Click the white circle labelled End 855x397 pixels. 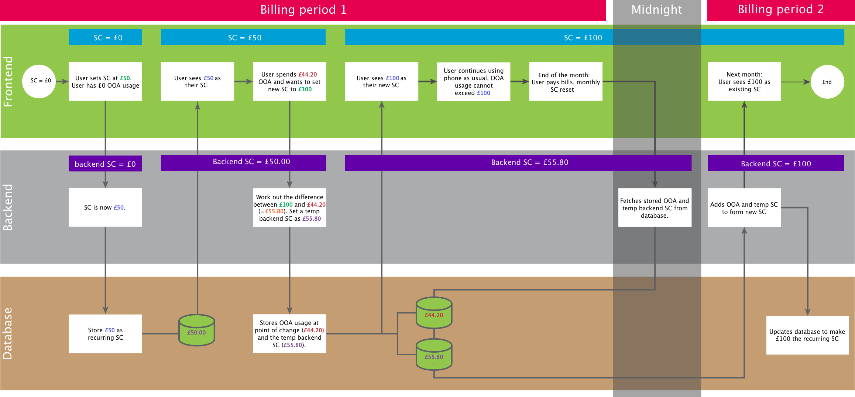pos(827,82)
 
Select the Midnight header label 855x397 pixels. pos(656,10)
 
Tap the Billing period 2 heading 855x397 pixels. pos(780,10)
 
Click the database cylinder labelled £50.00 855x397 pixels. pos(196,330)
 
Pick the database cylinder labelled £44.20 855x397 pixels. pos(434,313)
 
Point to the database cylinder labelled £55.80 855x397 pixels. pos(434,355)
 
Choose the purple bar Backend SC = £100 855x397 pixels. pos(776,163)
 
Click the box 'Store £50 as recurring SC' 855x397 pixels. pos(105,334)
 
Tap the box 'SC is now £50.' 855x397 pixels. pos(105,207)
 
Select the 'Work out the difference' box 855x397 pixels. pos(289,207)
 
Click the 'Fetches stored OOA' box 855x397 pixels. pos(655,207)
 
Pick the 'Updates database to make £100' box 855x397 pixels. pos(807,335)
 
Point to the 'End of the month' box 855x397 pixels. pos(566,82)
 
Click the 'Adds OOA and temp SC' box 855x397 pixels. pos(744,207)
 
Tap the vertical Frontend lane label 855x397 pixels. pos(8,82)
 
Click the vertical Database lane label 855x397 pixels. pos(8,333)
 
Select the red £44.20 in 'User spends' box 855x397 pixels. pos(308,75)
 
